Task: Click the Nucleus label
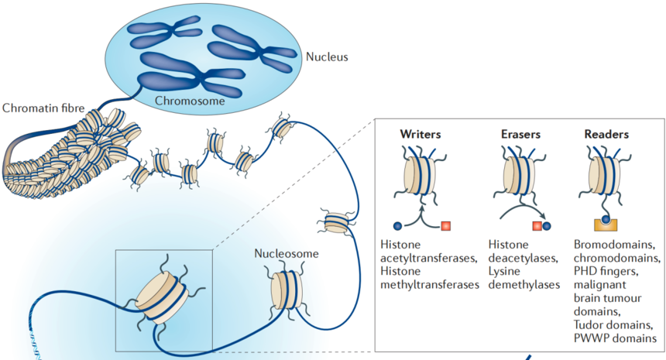(327, 57)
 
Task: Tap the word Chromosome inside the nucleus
(190, 101)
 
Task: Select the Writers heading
(421, 134)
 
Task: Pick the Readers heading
(606, 134)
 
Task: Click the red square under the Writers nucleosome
(446, 225)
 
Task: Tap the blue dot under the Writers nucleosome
(397, 225)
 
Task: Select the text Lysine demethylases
(524, 284)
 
